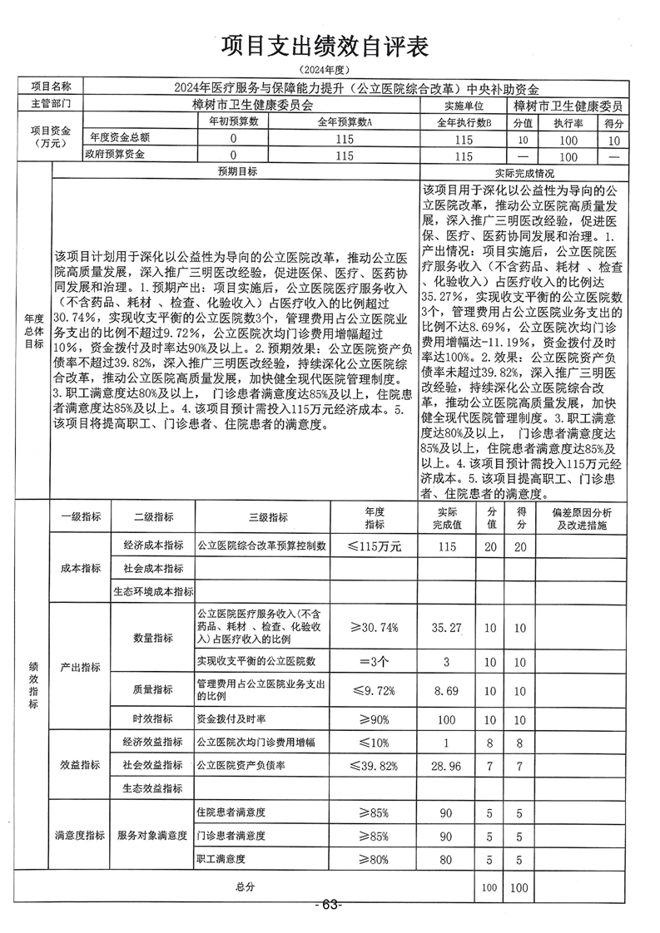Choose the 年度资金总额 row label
point(120,138)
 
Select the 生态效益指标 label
point(152,787)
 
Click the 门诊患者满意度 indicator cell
point(231,835)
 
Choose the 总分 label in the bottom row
point(244,887)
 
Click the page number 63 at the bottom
point(330,905)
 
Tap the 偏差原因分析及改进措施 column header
point(582,521)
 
